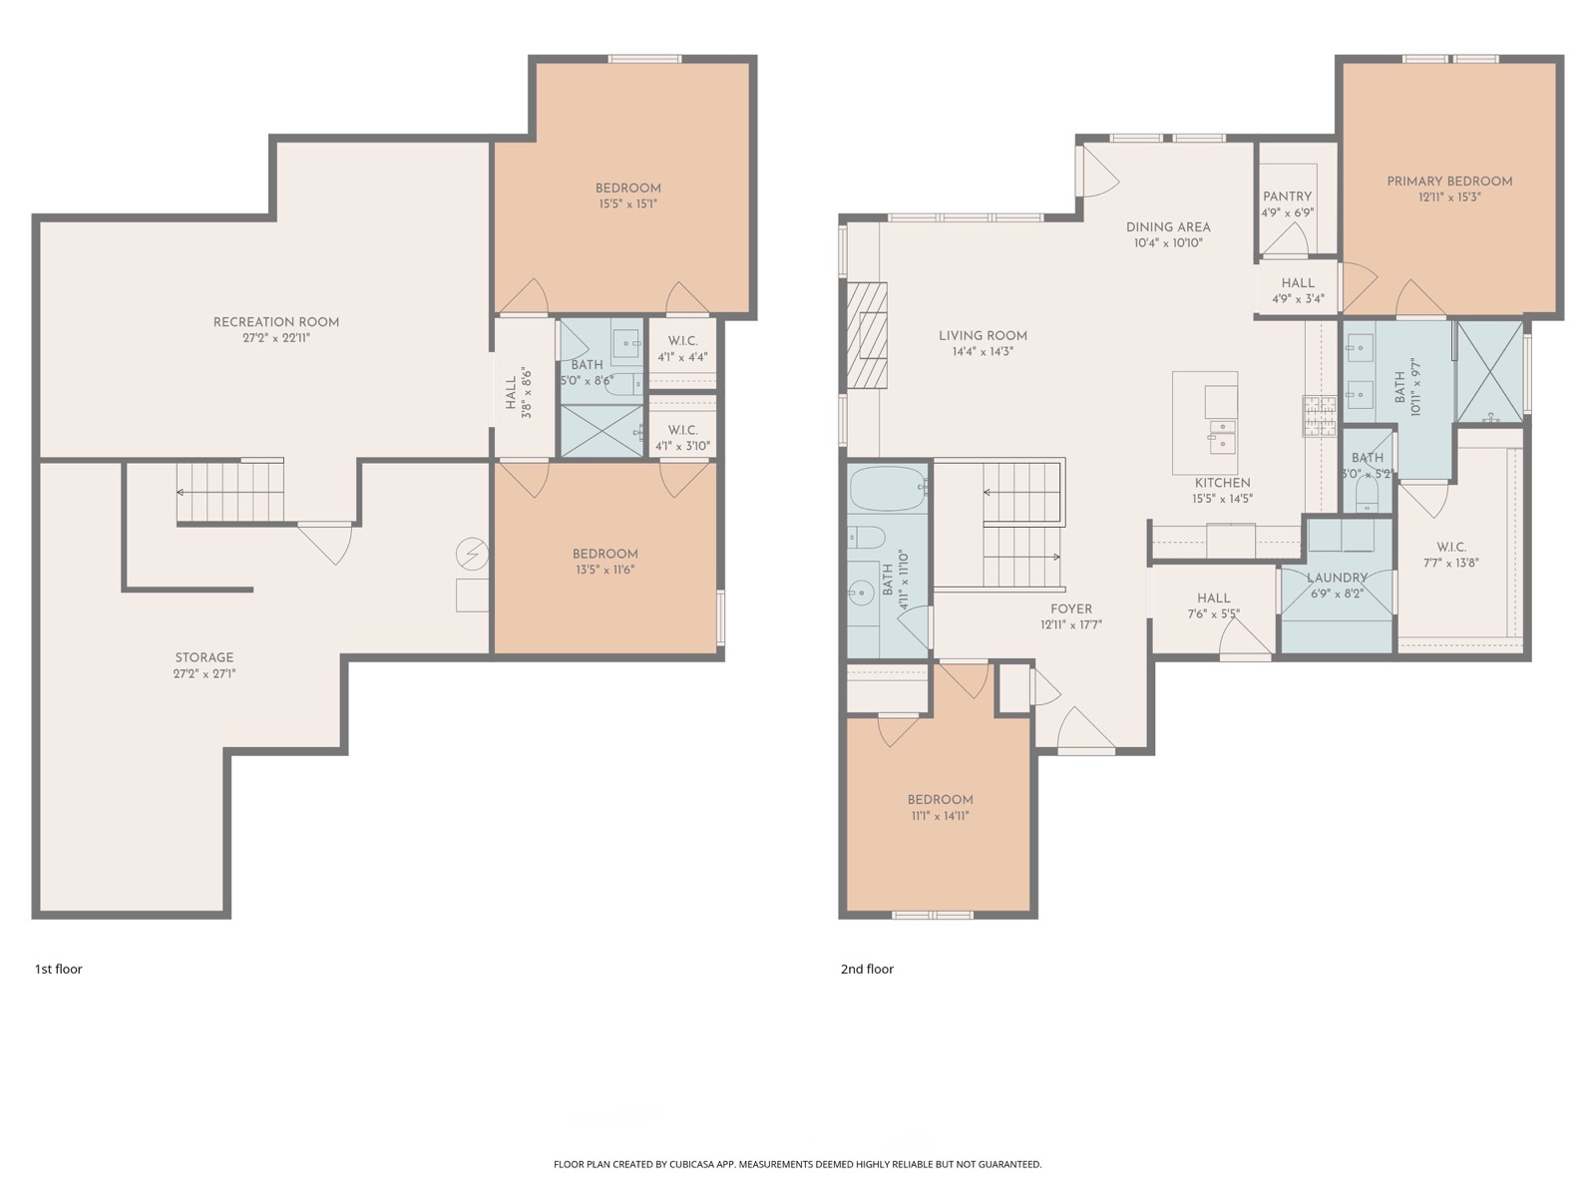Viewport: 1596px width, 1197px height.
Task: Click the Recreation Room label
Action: (276, 322)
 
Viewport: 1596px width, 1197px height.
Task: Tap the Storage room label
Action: (204, 657)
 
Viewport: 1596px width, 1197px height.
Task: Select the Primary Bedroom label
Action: (1449, 182)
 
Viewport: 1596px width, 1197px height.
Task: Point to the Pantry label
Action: (1287, 197)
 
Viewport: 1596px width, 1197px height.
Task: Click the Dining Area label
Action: (1168, 227)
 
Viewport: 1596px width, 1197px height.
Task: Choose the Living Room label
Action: (984, 336)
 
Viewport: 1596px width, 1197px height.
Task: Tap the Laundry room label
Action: (1338, 578)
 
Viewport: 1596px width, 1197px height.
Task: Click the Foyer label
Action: (1071, 609)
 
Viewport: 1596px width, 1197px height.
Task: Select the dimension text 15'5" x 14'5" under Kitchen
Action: (1222, 500)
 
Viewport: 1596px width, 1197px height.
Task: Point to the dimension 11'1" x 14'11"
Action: (940, 815)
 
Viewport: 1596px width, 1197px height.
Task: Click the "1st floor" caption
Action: (59, 969)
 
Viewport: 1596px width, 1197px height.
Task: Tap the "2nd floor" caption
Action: (868, 969)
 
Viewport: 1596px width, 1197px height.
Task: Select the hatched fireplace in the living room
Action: (867, 335)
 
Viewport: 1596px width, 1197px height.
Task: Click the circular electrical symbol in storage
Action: (472, 555)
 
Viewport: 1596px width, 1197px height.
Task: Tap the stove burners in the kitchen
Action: (1319, 416)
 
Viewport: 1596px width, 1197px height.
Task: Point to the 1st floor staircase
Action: (230, 492)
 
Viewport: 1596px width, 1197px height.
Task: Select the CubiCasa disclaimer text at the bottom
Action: (798, 1164)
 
